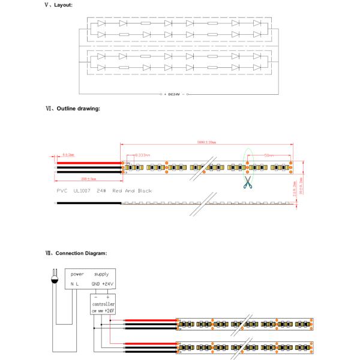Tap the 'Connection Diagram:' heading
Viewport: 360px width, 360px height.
[x=79, y=253]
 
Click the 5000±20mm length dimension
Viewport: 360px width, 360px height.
[x=206, y=143]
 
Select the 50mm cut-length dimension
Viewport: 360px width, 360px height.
[x=268, y=155]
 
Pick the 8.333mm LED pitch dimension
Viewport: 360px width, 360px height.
[x=142, y=155]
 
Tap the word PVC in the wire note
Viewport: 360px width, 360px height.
[x=62, y=191]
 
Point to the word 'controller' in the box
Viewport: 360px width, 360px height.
[x=103, y=304]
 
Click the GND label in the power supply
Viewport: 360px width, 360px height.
[x=96, y=283]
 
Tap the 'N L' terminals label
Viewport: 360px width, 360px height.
[x=74, y=283]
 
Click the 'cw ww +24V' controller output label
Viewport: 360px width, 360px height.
[x=103, y=311]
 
